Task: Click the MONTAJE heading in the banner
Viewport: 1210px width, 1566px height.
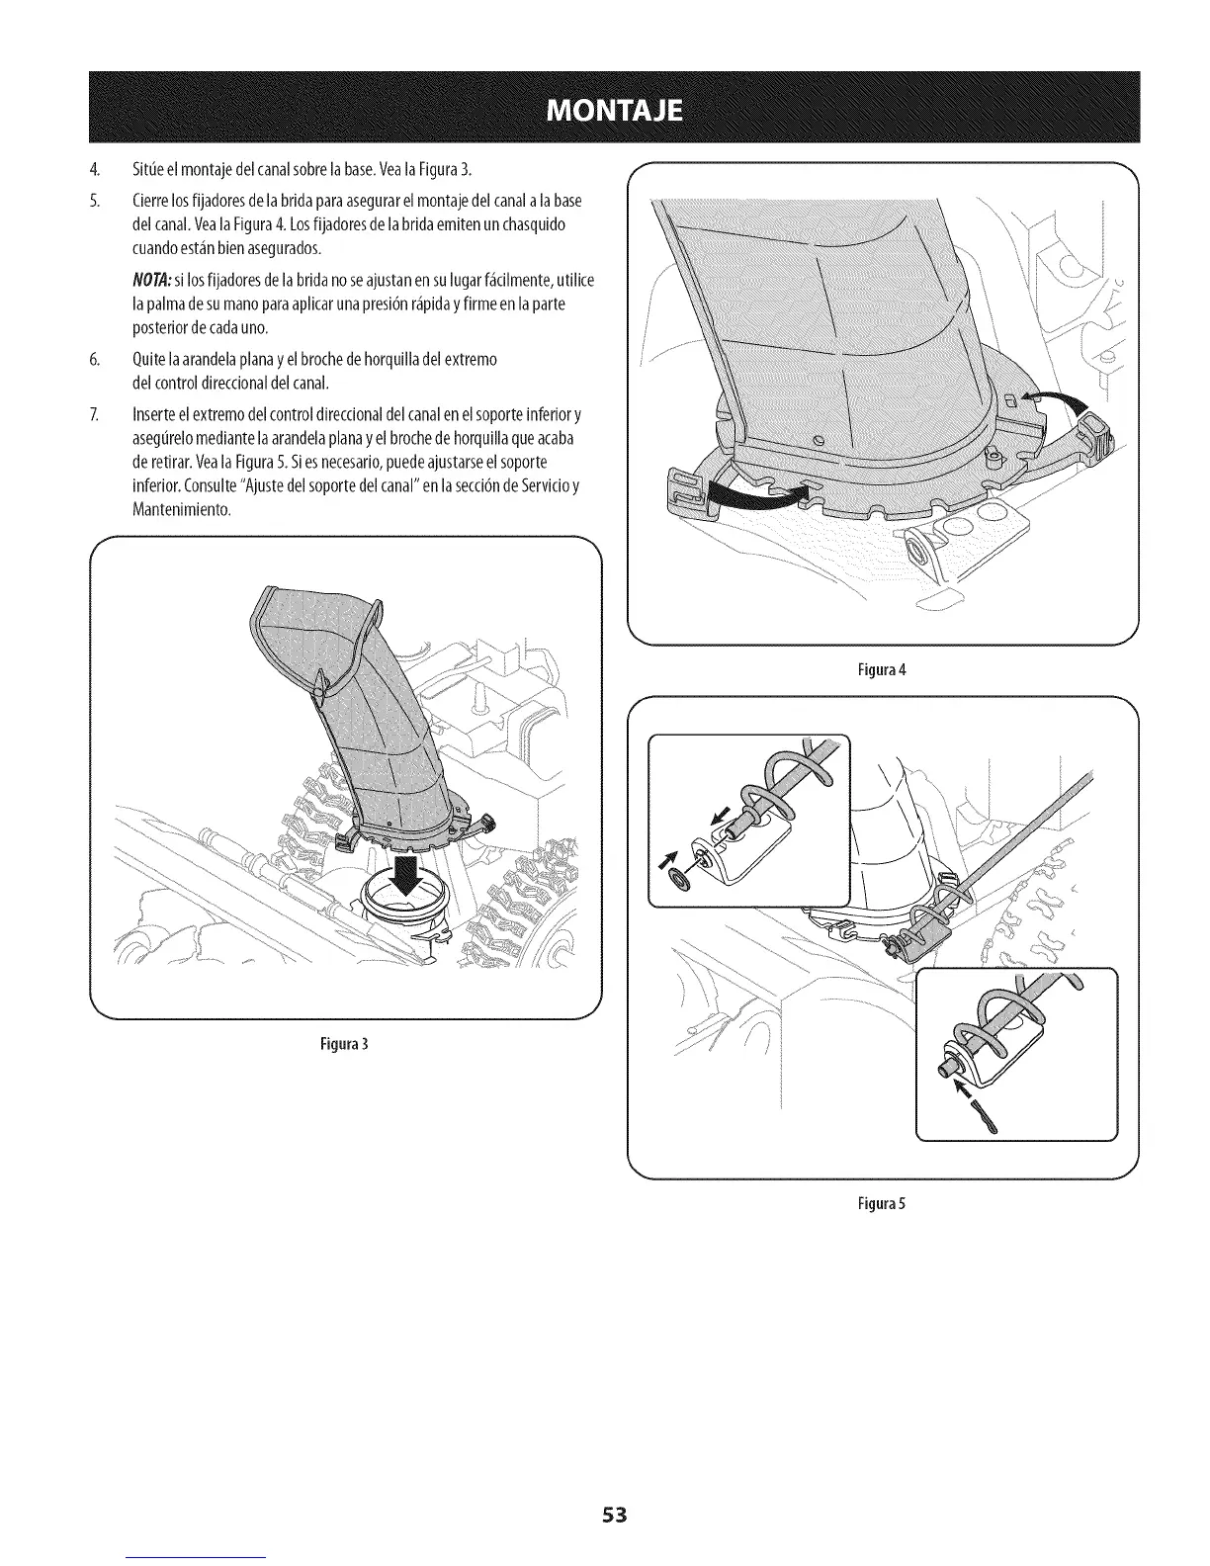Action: pos(604,108)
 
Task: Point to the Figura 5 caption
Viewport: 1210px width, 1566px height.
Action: pos(883,1204)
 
